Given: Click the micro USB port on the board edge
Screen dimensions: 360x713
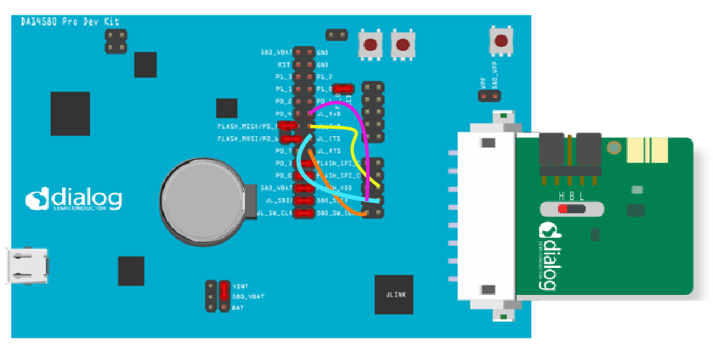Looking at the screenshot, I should (28, 266).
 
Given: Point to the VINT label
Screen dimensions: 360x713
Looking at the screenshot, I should (240, 286).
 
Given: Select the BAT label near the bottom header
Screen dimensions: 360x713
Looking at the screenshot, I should (237, 307).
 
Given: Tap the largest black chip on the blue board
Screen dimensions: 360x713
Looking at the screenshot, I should (70, 113).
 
